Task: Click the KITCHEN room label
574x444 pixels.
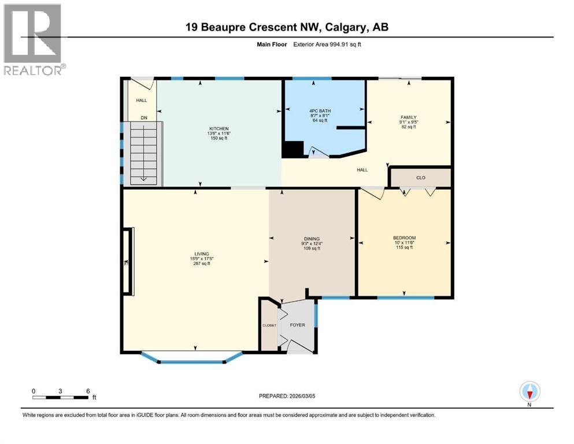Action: point(219,128)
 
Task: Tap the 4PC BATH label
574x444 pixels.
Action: point(319,110)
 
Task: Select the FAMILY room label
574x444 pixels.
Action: point(409,117)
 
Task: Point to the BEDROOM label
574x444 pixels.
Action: point(404,238)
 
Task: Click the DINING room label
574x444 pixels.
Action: point(312,239)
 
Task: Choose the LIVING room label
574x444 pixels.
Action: point(201,254)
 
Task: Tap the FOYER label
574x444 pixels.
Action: point(297,325)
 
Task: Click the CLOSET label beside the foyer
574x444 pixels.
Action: point(269,325)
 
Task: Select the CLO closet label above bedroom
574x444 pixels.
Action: point(420,177)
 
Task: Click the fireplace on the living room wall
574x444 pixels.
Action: point(127,262)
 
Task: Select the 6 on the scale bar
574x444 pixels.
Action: point(87,391)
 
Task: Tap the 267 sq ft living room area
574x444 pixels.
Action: point(201,264)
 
